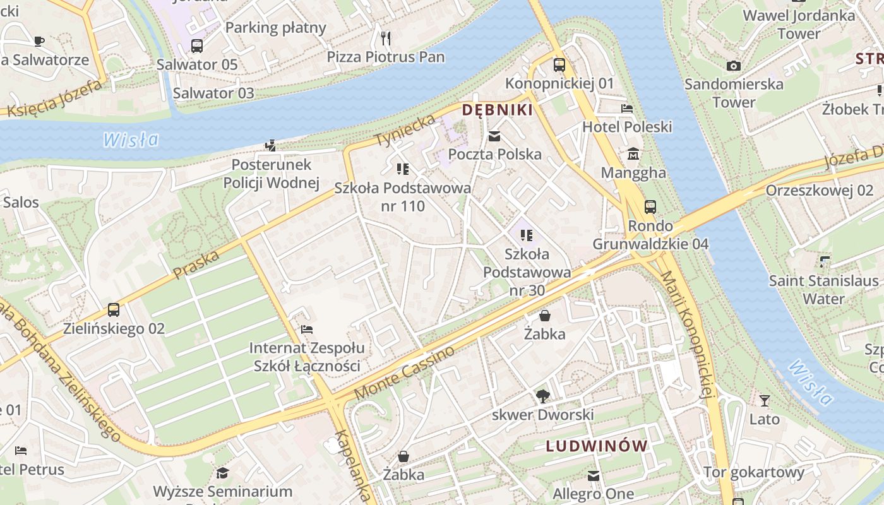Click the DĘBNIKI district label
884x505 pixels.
(x=497, y=110)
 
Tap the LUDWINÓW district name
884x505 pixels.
(x=597, y=446)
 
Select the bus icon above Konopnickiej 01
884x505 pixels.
(x=559, y=64)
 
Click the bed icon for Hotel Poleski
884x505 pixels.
(x=626, y=109)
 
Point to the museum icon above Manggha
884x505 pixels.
(x=633, y=154)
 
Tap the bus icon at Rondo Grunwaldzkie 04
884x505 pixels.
(x=650, y=207)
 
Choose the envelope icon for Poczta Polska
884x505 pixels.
(x=494, y=136)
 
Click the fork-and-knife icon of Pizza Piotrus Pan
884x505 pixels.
(x=386, y=39)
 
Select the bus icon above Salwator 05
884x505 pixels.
(x=197, y=46)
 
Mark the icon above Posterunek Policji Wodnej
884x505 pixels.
(x=271, y=146)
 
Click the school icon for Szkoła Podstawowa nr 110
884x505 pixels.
(x=402, y=169)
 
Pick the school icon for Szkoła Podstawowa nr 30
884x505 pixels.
(x=526, y=235)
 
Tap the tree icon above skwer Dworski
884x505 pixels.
(x=542, y=396)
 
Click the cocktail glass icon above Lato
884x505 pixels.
(x=764, y=401)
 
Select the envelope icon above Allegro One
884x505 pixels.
(x=593, y=475)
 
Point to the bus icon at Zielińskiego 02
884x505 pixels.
(x=114, y=310)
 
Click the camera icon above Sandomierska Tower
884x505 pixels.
(x=733, y=66)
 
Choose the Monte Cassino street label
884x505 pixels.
(x=405, y=373)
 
